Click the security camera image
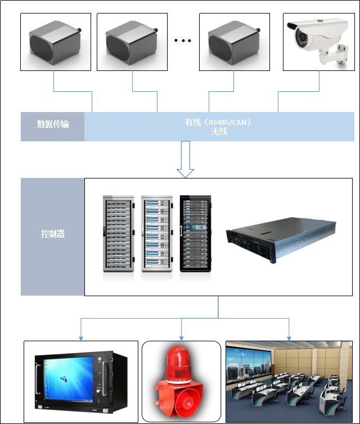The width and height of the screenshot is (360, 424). (318, 42)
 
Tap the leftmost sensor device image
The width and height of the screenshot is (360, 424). (55, 42)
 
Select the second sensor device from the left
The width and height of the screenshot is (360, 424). (132, 42)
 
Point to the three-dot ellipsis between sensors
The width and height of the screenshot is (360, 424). (183, 41)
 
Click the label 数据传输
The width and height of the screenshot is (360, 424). (52, 124)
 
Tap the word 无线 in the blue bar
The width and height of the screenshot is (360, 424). (219, 132)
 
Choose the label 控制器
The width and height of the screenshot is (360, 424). (52, 233)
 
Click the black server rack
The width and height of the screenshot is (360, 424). (195, 234)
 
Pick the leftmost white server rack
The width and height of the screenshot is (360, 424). (119, 234)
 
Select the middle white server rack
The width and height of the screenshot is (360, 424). (157, 234)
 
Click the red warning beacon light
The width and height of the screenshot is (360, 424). (181, 363)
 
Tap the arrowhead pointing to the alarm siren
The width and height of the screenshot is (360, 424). (181, 337)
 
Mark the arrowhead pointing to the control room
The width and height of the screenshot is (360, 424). (289, 337)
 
